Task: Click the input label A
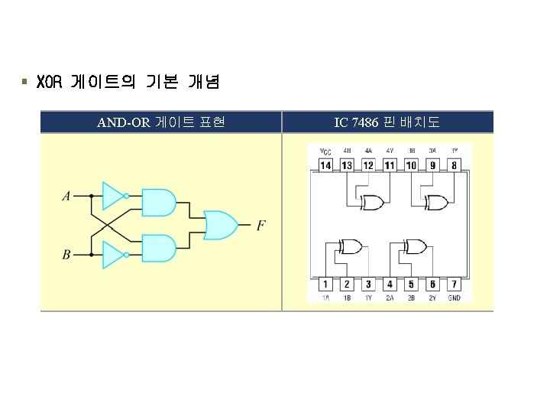pyautogui.click(x=66, y=197)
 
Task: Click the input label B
pyautogui.click(x=66, y=254)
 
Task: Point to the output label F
pyautogui.click(x=261, y=225)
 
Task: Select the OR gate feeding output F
pyautogui.click(x=219, y=225)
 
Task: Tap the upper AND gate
pyautogui.click(x=159, y=202)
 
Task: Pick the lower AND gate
pyautogui.click(x=159, y=249)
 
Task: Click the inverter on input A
pyautogui.click(x=113, y=196)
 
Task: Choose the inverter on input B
pyautogui.click(x=113, y=254)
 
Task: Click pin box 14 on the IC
pyautogui.click(x=325, y=164)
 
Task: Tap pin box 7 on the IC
pyautogui.click(x=454, y=285)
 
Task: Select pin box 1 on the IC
pyautogui.click(x=325, y=285)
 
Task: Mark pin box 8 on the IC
pyautogui.click(x=454, y=164)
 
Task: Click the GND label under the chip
pyautogui.click(x=454, y=298)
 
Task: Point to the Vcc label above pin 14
pyautogui.click(x=325, y=151)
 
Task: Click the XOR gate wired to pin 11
pyautogui.click(x=373, y=203)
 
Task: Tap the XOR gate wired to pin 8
pyautogui.click(x=437, y=203)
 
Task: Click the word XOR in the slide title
pyautogui.click(x=47, y=81)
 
